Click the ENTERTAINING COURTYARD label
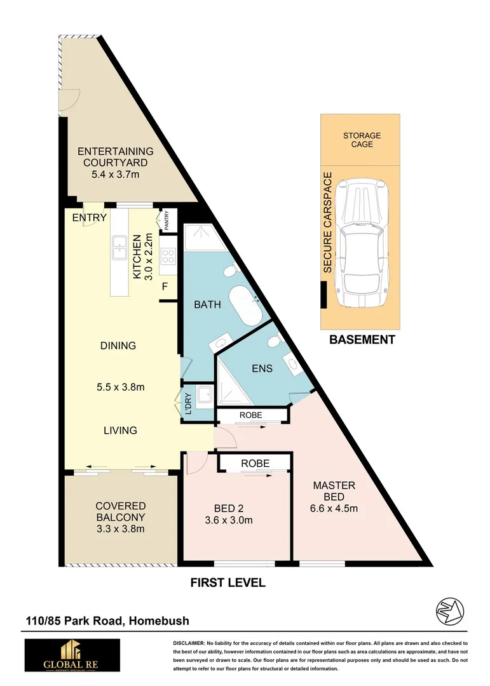[x=115, y=157]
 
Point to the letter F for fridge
[x=165, y=286]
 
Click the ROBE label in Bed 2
[x=254, y=464]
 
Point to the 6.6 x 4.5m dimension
[x=334, y=508]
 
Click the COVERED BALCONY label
[x=121, y=517]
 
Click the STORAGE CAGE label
[x=362, y=140]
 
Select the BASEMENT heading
[x=362, y=340]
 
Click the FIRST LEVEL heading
[x=228, y=582]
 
